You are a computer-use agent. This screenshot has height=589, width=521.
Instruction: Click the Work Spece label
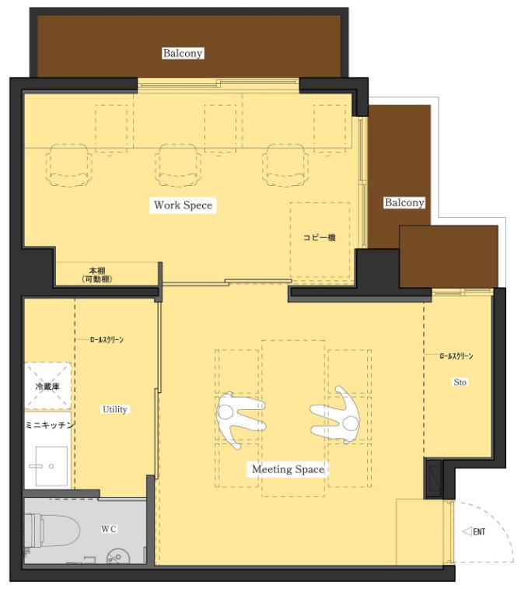coord(184,205)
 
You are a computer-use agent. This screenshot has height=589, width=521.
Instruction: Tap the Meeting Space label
coord(288,469)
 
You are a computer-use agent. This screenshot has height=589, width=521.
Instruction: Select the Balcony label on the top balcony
coord(183,53)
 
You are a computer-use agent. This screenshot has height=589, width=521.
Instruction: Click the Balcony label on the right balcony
coord(404,203)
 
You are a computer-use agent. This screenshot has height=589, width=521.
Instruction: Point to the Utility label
coord(115,409)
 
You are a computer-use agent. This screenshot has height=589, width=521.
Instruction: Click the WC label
coord(109,529)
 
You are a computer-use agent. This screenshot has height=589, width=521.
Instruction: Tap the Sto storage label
coord(460,382)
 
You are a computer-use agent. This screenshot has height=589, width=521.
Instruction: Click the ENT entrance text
coord(479,532)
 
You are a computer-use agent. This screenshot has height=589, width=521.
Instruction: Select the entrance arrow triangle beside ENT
coord(467,532)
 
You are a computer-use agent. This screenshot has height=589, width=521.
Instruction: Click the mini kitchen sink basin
coord(51,466)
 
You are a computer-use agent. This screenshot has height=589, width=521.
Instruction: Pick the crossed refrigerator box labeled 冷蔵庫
coord(47,386)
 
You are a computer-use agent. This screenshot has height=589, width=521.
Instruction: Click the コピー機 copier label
coord(320,237)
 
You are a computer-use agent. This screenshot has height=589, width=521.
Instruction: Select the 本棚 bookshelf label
coord(97,275)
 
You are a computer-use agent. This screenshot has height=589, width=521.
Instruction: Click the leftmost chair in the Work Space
coord(69,165)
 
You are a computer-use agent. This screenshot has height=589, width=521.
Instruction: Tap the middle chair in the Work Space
coord(178,165)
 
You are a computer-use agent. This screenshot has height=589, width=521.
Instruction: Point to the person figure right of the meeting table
coord(336,415)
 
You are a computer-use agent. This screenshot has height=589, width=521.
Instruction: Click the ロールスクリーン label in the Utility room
coord(107,339)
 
